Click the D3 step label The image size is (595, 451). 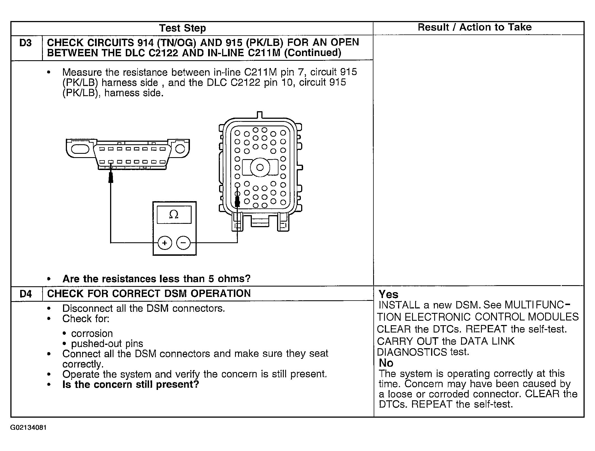[25, 43]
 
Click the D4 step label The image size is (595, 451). [26, 294]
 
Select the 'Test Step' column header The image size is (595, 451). [182, 28]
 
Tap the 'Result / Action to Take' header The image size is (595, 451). [475, 27]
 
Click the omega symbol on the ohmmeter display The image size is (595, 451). [174, 215]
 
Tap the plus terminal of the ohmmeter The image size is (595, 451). [165, 243]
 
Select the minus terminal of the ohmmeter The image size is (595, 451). [183, 243]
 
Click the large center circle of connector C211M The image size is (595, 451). [260, 167]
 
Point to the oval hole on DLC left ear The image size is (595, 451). [80, 148]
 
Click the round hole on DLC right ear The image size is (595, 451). [180, 148]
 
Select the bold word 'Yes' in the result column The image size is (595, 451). [388, 294]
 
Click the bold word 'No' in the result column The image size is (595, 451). [386, 363]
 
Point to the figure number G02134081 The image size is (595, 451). [28, 428]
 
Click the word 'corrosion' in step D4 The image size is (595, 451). [92, 333]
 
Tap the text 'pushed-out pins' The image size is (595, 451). [107, 343]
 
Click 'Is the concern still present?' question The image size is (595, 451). [131, 384]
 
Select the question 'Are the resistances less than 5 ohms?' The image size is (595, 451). [156, 279]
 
